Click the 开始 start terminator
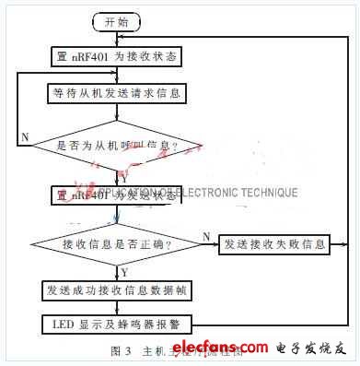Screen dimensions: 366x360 coord(116,20)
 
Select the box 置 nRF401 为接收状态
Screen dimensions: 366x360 coord(116,56)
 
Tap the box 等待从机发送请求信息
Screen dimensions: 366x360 coord(116,93)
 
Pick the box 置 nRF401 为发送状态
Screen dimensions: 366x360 coord(116,194)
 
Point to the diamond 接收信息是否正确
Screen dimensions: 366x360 coord(116,244)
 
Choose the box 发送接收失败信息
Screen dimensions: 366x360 coord(274,244)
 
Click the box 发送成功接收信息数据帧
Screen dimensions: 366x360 coord(116,290)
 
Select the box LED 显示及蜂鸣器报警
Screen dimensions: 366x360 coord(116,324)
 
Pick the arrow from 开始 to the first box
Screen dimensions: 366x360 coord(116,37)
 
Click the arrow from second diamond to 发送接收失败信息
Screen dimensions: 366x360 coord(208,244)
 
